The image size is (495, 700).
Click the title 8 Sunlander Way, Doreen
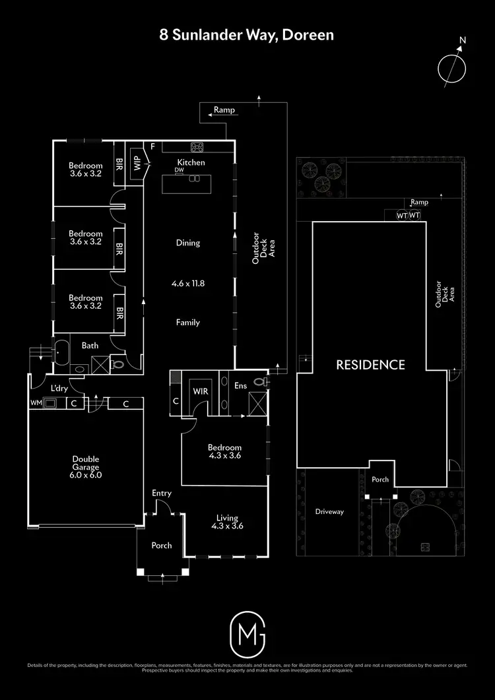247,34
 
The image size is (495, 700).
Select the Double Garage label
86,466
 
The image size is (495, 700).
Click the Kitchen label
191,162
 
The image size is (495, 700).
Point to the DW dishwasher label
179,170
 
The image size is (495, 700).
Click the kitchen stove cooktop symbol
197,146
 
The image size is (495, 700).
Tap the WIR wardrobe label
200,391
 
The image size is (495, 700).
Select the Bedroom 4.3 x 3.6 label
224,451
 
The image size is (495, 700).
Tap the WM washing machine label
35,402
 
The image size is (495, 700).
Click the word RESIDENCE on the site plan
370,364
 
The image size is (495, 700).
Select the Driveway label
329,511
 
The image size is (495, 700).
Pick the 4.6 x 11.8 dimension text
188,283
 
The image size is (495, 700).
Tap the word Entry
162,493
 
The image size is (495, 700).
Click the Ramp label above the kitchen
224,110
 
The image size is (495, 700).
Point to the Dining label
188,243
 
